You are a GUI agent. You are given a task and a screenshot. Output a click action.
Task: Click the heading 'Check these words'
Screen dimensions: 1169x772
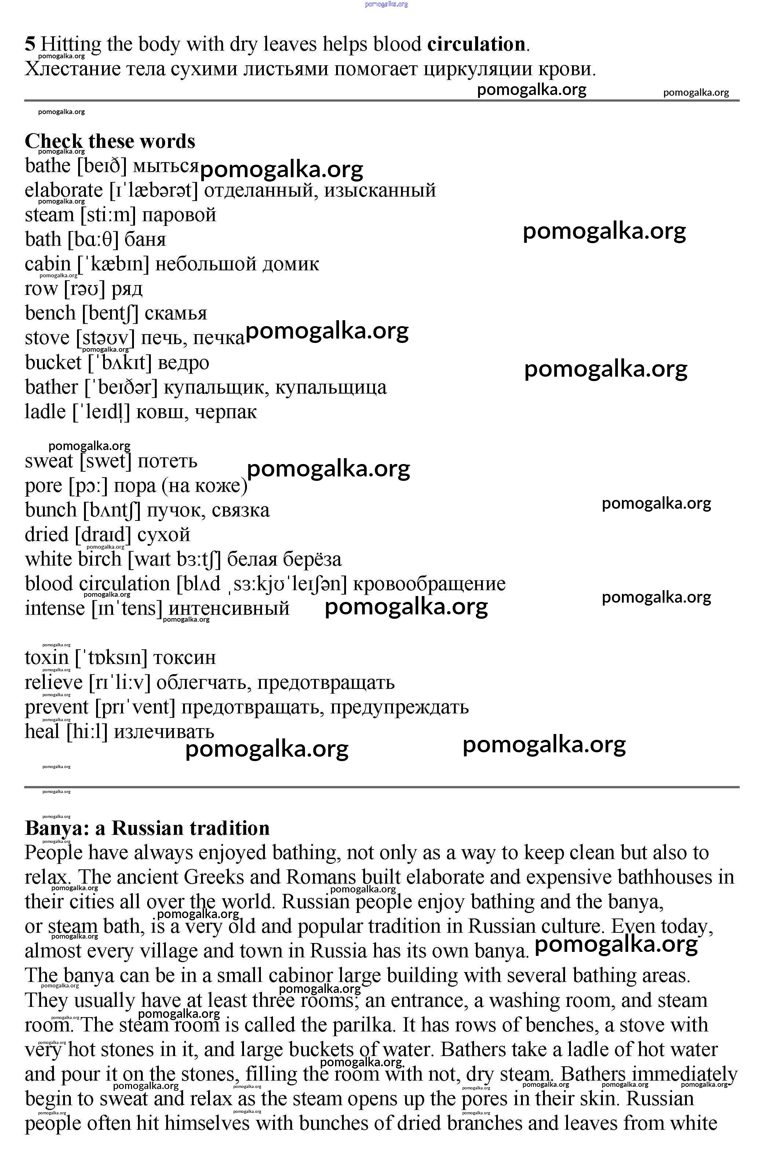coord(110,141)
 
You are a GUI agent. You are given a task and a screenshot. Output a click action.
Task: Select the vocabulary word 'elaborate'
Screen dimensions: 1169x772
coord(64,190)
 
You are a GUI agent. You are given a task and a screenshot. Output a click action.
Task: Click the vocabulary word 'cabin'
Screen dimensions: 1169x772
coord(48,264)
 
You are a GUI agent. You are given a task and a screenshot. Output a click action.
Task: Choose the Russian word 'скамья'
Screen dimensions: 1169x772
coord(176,314)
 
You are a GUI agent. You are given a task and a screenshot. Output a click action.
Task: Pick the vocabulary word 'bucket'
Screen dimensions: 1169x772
coord(53,363)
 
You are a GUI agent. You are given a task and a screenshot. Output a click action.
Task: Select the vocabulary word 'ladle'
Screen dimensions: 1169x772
coord(45,412)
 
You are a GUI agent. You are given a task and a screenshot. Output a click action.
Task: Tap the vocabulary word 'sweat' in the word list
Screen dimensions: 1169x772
coord(49,461)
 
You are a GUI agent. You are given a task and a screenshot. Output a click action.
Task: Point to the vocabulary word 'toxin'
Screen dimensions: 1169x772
coord(47,658)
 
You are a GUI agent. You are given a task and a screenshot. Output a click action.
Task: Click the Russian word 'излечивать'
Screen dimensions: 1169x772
coord(164,732)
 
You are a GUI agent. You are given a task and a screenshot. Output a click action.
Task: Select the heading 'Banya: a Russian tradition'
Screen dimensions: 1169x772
coord(147,828)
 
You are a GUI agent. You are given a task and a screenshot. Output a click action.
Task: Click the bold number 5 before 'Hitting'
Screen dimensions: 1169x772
coord(30,44)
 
